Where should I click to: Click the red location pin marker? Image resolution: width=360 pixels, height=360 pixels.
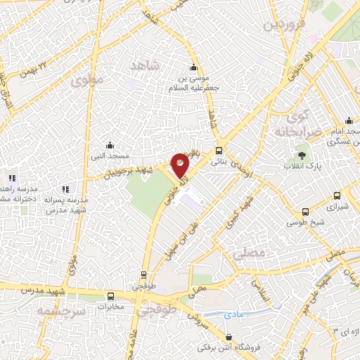click(180, 165)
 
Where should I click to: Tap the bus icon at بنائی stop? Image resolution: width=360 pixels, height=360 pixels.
click(219, 150)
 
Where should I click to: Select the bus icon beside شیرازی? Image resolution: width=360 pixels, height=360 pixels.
click(337, 195)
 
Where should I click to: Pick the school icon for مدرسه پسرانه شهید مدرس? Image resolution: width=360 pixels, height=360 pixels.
click(65, 189)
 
